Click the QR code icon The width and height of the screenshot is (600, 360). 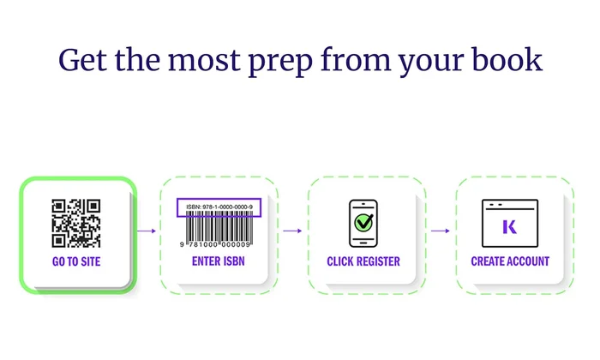click(x=76, y=224)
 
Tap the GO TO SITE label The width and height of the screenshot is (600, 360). click(x=76, y=261)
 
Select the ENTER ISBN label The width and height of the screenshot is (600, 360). click(x=218, y=261)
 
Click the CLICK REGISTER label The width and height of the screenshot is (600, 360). click(x=363, y=261)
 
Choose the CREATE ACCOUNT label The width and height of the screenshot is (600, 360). click(x=510, y=261)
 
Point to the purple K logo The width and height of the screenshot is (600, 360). click(x=510, y=227)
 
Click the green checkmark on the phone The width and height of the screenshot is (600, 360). click(x=363, y=222)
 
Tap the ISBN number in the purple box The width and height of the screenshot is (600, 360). click(x=219, y=207)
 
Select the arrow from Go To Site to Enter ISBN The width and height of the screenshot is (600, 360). click(x=147, y=231)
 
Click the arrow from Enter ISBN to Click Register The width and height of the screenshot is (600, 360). click(x=292, y=231)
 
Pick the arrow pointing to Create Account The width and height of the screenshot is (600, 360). click(x=440, y=231)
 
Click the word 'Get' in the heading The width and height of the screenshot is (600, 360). click(x=82, y=60)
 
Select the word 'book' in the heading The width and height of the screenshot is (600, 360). click(x=507, y=59)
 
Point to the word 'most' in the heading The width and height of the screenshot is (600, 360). click(x=204, y=61)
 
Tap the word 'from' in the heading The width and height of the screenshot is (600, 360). click(x=356, y=59)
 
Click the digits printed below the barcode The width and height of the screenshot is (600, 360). click(x=215, y=244)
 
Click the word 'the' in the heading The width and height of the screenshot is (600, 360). click(x=137, y=59)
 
